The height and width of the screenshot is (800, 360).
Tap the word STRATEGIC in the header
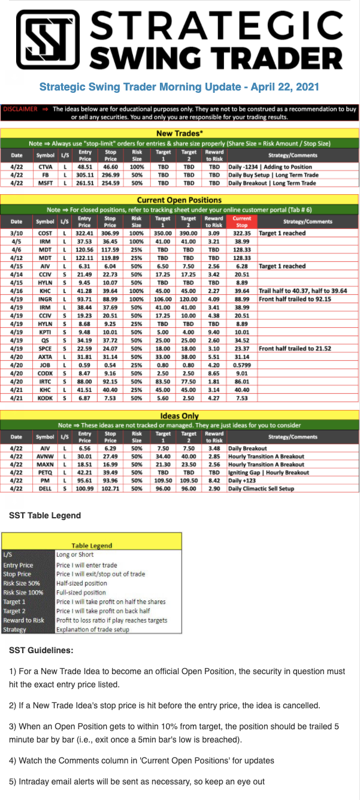pos(217,26)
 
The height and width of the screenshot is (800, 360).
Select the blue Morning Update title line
pos(179,87)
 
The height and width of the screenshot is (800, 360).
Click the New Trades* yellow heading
pos(179,133)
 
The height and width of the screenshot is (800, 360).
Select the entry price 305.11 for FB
pos(84,174)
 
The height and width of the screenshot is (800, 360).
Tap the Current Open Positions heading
pos(179,200)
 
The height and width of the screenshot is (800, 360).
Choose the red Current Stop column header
pos(242,221)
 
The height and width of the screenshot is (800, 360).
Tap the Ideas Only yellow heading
pos(179,416)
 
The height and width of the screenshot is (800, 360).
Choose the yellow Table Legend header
pos(92,545)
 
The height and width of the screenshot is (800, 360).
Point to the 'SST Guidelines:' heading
pos(41,650)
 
